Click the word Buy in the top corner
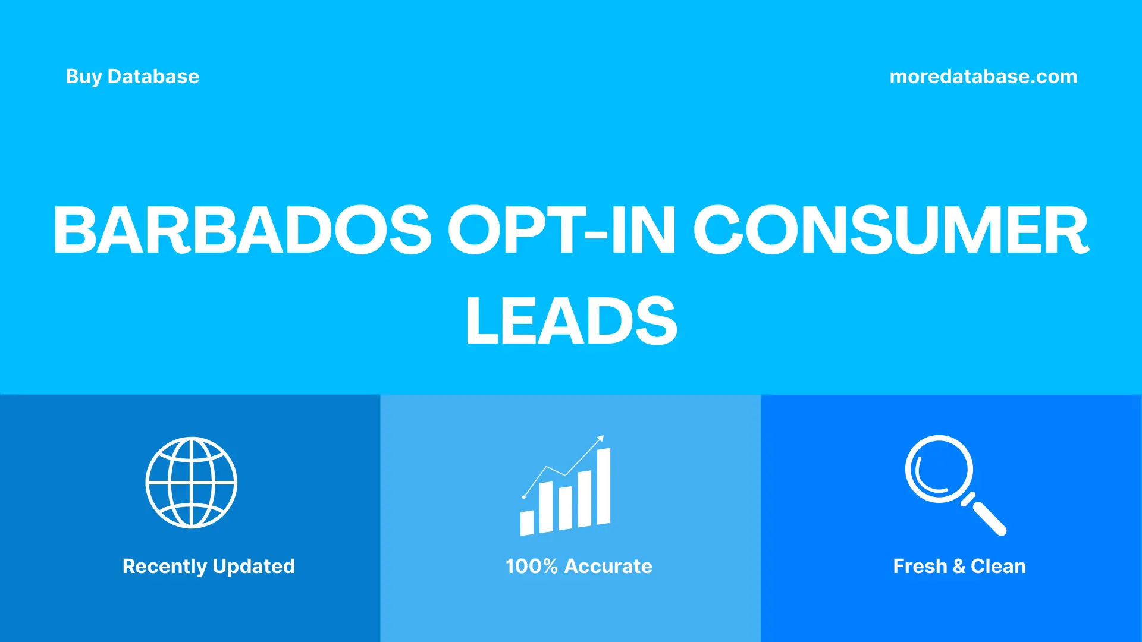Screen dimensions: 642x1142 (x=84, y=77)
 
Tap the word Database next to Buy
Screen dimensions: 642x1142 (x=153, y=77)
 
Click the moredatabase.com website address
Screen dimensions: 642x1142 (x=983, y=77)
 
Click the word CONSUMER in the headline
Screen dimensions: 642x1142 (x=891, y=230)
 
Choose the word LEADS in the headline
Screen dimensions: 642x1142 (x=571, y=321)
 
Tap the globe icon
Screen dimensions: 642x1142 (x=192, y=483)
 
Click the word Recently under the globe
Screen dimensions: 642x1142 (x=164, y=567)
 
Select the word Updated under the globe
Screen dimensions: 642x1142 (x=254, y=567)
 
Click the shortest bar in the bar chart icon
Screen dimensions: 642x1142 (x=527, y=523)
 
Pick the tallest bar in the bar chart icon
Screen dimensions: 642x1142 (x=603, y=486)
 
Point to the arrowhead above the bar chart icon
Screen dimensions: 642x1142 (x=601, y=439)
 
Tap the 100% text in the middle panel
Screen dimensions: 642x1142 (x=531, y=567)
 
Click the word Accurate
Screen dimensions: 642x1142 (x=608, y=567)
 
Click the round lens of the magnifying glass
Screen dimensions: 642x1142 (x=939, y=469)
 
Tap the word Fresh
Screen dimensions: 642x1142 (x=920, y=567)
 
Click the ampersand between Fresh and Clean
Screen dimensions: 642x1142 (x=959, y=567)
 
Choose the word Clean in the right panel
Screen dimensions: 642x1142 (x=998, y=567)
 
